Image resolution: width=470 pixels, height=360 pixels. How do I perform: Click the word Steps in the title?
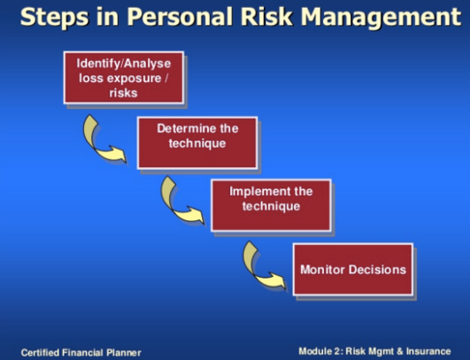point(55,18)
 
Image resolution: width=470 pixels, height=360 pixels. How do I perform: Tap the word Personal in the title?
point(180,17)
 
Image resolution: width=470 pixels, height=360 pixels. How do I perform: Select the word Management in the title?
point(381,18)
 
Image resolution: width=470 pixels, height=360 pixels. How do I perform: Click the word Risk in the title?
point(266,17)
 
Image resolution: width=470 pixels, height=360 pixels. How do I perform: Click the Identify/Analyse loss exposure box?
point(124,78)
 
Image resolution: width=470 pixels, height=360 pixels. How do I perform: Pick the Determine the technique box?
point(197,143)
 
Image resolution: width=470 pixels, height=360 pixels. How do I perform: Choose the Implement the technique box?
point(271,205)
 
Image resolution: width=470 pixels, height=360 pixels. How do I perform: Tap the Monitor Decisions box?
point(353,270)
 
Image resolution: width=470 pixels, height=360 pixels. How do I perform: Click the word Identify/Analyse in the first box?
point(124,64)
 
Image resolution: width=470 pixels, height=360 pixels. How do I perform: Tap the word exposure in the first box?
point(135,79)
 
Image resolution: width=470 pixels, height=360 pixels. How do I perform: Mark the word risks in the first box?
point(124,93)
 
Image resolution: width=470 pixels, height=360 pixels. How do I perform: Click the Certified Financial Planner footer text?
point(81,353)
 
